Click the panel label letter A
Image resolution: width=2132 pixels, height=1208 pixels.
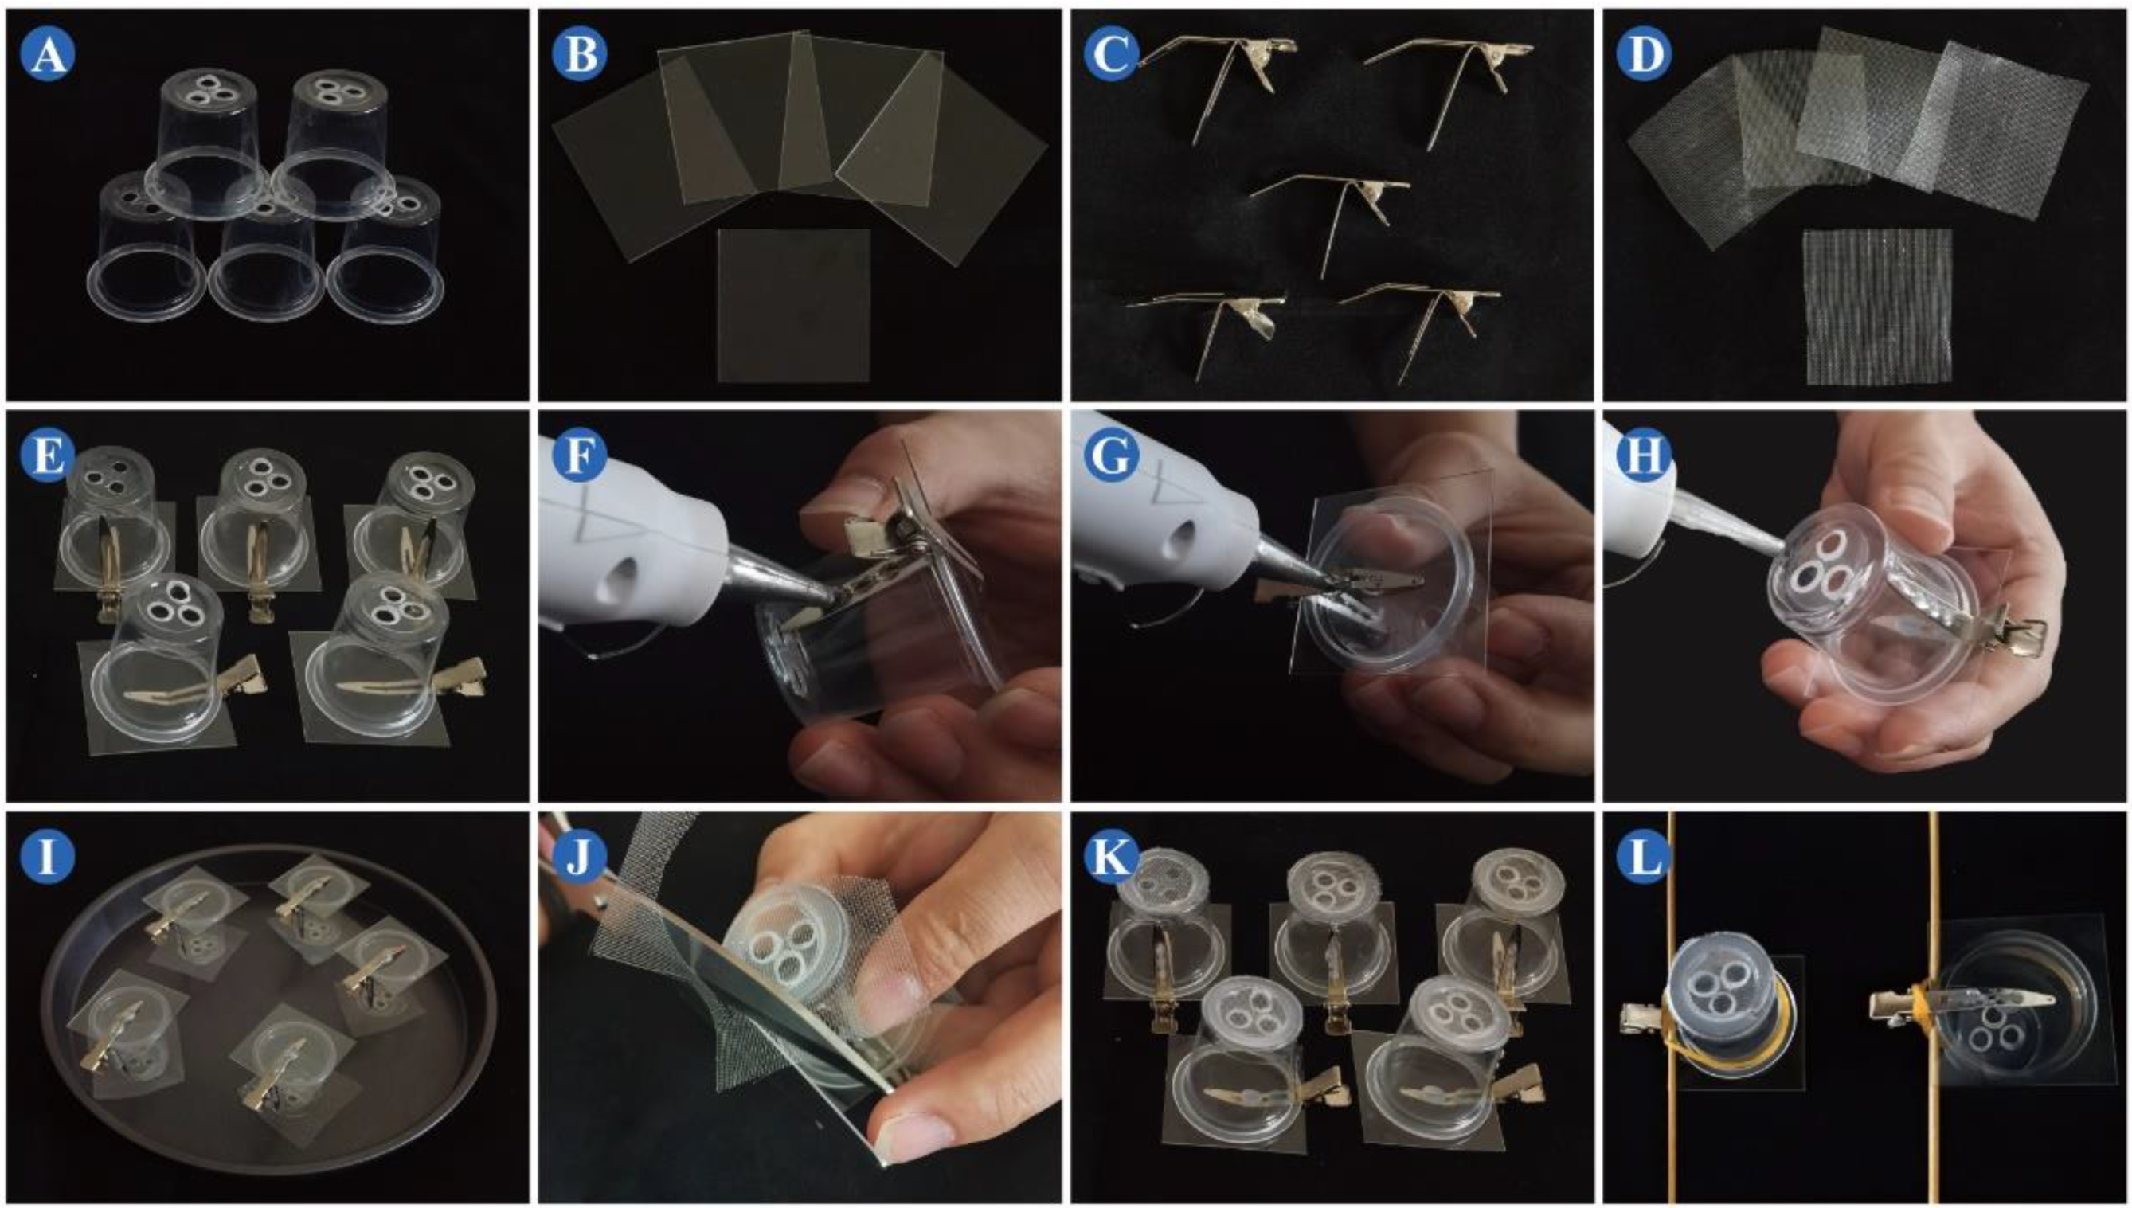pos(48,54)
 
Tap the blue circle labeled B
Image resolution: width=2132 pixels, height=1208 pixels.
pos(580,54)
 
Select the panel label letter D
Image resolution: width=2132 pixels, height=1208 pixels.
pos(1645,54)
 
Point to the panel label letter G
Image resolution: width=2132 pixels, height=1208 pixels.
pos(1112,455)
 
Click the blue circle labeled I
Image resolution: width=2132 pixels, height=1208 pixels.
pos(48,857)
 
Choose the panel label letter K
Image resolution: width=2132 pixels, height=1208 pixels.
pos(1112,857)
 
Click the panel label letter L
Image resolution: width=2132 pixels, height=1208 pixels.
pos(1645,857)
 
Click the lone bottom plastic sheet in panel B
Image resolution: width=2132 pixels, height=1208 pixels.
pos(793,305)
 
